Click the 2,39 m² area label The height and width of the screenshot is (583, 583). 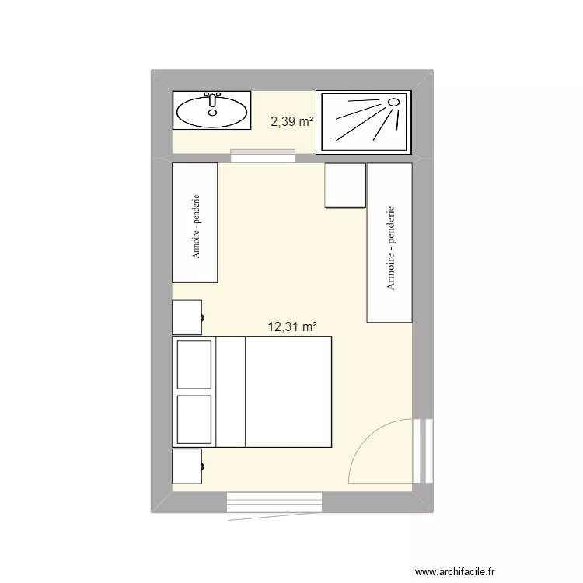(291, 121)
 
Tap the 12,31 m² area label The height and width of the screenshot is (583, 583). (292, 327)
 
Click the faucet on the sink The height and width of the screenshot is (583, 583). (211, 100)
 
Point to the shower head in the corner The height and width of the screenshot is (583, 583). (393, 102)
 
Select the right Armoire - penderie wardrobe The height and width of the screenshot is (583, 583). (389, 243)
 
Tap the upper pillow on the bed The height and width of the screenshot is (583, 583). (194, 364)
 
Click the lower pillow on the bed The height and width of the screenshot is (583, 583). (194, 419)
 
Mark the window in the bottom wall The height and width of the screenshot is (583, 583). (274, 502)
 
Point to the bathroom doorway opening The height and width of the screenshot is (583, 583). (263, 157)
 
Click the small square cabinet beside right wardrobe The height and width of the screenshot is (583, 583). (344, 186)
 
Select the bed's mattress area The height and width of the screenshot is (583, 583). (288, 392)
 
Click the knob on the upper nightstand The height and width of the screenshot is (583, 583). (204, 317)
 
